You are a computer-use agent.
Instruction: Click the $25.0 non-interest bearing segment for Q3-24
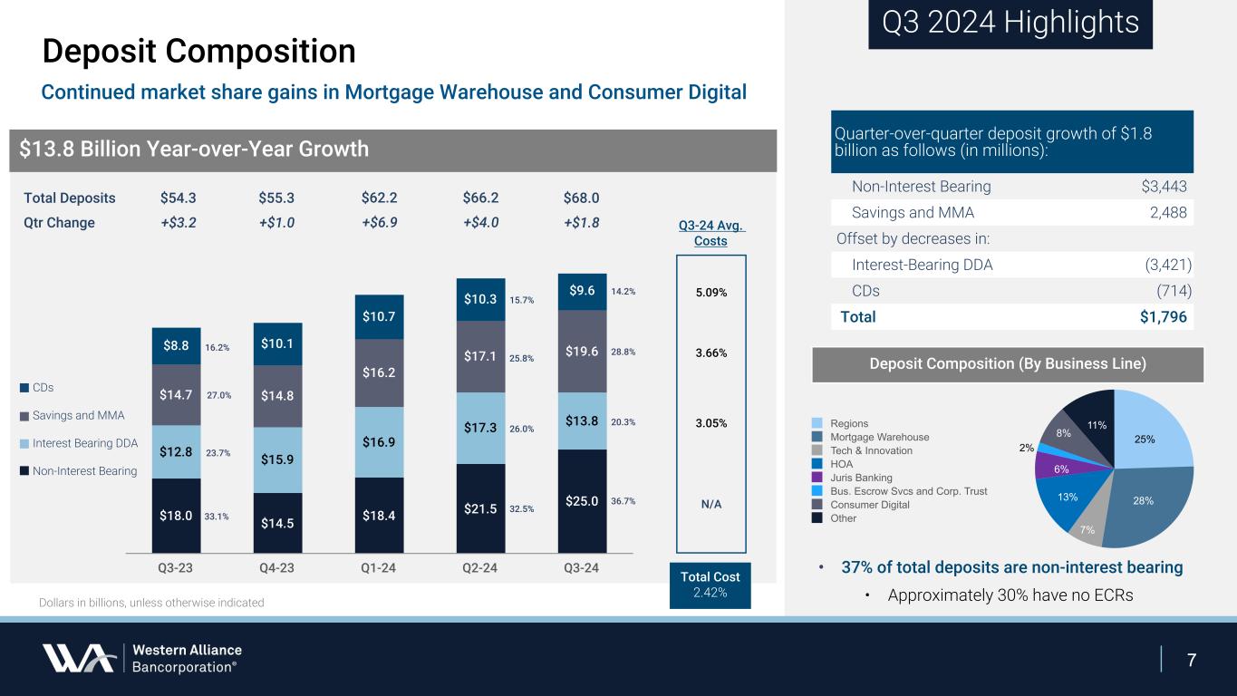coord(582,500)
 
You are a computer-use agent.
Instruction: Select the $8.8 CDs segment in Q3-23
coord(176,345)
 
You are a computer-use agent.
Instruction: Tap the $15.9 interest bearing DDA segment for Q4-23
coord(277,459)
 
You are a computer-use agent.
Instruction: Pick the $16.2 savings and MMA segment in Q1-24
coord(379,372)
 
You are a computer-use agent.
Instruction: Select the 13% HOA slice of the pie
coord(1068,497)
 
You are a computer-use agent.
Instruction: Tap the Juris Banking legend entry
coord(861,478)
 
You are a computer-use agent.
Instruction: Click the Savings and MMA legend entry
coord(79,415)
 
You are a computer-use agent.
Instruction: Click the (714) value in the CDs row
coord(1173,291)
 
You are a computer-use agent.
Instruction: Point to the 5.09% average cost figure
coord(710,293)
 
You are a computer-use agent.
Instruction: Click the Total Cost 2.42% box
coord(710,585)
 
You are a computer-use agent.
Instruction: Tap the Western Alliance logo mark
coord(78,658)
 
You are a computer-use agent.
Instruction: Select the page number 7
coord(1193,659)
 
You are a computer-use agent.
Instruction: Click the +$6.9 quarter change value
coord(379,223)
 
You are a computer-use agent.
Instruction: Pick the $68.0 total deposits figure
coord(581,198)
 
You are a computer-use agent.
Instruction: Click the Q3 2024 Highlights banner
coord(1010,23)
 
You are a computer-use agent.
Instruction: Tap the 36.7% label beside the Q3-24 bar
coord(624,500)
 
